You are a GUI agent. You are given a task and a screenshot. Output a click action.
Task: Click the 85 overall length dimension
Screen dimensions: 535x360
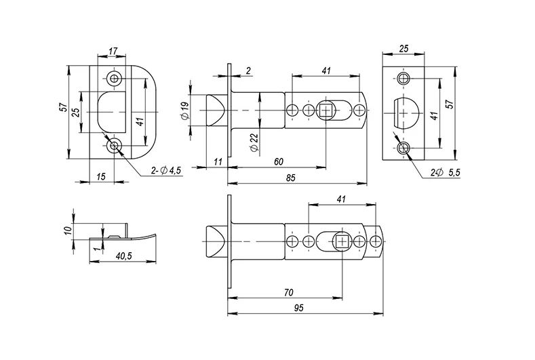click(291, 178)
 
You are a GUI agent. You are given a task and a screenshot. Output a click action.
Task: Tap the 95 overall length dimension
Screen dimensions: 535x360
click(298, 308)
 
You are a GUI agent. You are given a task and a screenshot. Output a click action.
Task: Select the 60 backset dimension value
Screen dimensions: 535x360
click(279, 162)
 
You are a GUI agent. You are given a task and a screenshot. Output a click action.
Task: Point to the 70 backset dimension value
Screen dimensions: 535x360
click(289, 293)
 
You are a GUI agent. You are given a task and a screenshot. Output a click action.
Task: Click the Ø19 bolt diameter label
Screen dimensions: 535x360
click(185, 111)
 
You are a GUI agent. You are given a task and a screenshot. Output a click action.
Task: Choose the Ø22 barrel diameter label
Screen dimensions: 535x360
click(254, 142)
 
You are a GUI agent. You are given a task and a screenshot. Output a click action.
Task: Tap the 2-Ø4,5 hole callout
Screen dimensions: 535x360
click(166, 170)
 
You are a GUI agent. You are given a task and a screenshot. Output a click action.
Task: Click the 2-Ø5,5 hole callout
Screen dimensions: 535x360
click(445, 173)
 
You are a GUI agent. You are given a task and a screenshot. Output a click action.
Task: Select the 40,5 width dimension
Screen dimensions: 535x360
click(123, 256)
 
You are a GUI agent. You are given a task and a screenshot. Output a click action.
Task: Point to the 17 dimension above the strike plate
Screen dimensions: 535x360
click(113, 51)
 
